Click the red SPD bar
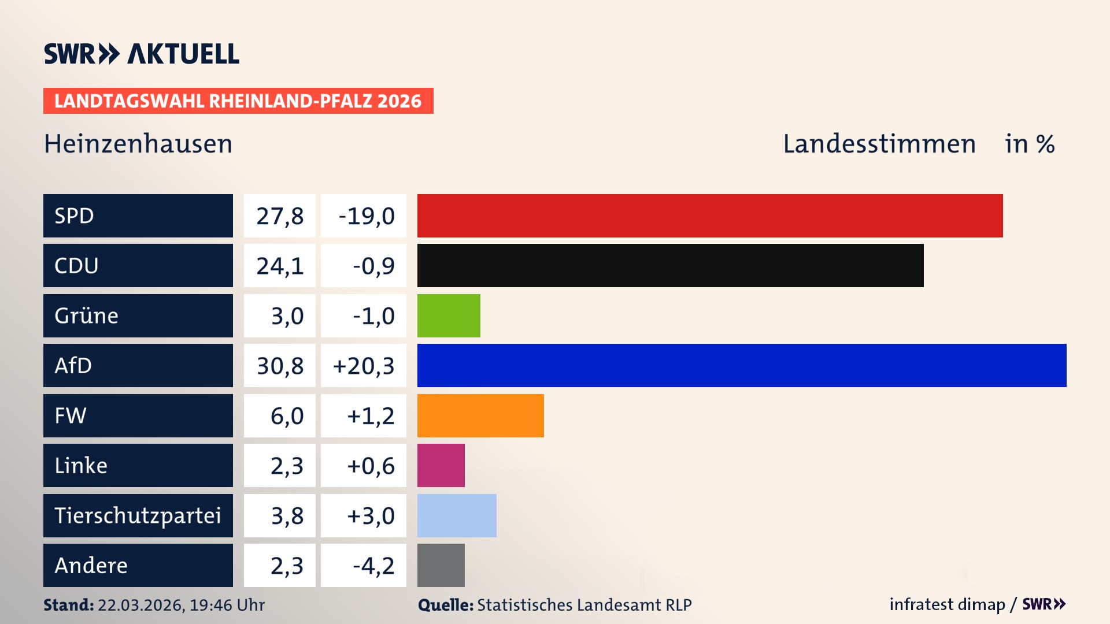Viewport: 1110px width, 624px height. pyautogui.click(x=710, y=216)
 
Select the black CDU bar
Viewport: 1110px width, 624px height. pyautogui.click(x=670, y=266)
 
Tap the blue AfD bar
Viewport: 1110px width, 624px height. pyautogui.click(x=742, y=365)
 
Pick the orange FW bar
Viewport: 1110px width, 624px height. pyautogui.click(x=480, y=415)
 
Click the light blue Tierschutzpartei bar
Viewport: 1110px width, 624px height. pyautogui.click(x=457, y=515)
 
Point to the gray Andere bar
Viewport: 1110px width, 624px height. pyautogui.click(x=441, y=565)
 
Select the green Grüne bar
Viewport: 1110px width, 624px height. pyautogui.click(x=449, y=315)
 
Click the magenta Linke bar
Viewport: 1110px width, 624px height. pyautogui.click(x=441, y=465)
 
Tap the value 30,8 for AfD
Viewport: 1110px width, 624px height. pyautogui.click(x=280, y=366)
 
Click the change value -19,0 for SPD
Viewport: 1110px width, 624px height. pyautogui.click(x=366, y=216)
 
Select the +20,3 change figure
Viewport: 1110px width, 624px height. pyautogui.click(x=364, y=366)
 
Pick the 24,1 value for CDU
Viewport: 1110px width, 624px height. pyautogui.click(x=280, y=266)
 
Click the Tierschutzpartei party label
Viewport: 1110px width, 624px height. pyautogui.click(x=138, y=515)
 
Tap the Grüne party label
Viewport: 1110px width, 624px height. pyautogui.click(x=87, y=315)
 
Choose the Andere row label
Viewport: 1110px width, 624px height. pyautogui.click(x=91, y=565)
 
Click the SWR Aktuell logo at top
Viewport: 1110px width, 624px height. pyautogui.click(x=142, y=54)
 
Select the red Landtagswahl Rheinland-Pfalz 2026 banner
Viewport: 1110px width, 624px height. pyautogui.click(x=238, y=101)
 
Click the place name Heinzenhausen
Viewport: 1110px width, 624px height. pyautogui.click(x=138, y=144)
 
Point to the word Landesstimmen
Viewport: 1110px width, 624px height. pyautogui.click(x=879, y=144)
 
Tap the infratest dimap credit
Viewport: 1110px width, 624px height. pyautogui.click(x=947, y=604)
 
